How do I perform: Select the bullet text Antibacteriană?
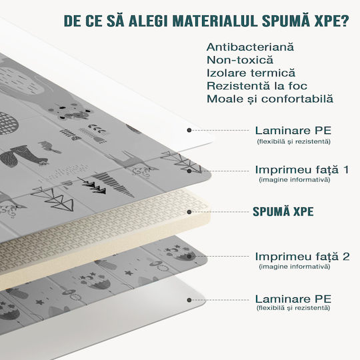250,47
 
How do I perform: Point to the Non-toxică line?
240,60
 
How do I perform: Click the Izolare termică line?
251,73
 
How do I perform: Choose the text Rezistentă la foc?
257,86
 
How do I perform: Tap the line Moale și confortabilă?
270,99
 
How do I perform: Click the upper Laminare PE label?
293,131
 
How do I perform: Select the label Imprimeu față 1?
302,170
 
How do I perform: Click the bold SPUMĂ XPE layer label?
283,211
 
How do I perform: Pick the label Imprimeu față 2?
303,257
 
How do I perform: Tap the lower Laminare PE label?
293,299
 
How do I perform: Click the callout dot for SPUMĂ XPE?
189,212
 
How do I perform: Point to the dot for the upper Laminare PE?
189,131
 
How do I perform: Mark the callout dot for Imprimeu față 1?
189,171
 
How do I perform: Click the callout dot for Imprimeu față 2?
189,257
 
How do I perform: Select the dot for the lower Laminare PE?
189,300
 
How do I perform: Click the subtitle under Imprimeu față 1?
295,180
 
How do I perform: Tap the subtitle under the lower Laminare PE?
293,307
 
